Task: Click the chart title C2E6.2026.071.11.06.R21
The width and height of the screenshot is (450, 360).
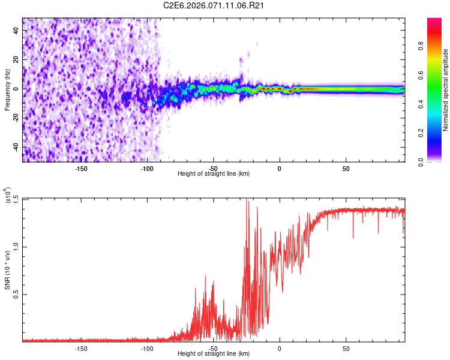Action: click(214, 5)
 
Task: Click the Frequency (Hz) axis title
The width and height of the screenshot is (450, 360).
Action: click(8, 89)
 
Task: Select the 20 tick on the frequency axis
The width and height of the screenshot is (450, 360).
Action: click(17, 60)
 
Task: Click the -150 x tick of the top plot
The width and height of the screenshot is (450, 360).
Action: click(81, 168)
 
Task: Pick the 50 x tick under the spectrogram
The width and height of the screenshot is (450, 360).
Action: click(346, 168)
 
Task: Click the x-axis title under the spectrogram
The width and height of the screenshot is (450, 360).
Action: click(214, 174)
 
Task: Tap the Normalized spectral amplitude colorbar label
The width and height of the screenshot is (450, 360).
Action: click(446, 90)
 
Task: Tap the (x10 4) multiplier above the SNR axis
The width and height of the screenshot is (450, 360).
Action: click(8, 196)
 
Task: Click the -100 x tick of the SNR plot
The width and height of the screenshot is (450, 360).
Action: click(147, 348)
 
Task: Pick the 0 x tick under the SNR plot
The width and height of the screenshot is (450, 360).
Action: click(280, 348)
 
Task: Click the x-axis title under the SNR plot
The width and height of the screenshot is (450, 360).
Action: click(214, 354)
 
